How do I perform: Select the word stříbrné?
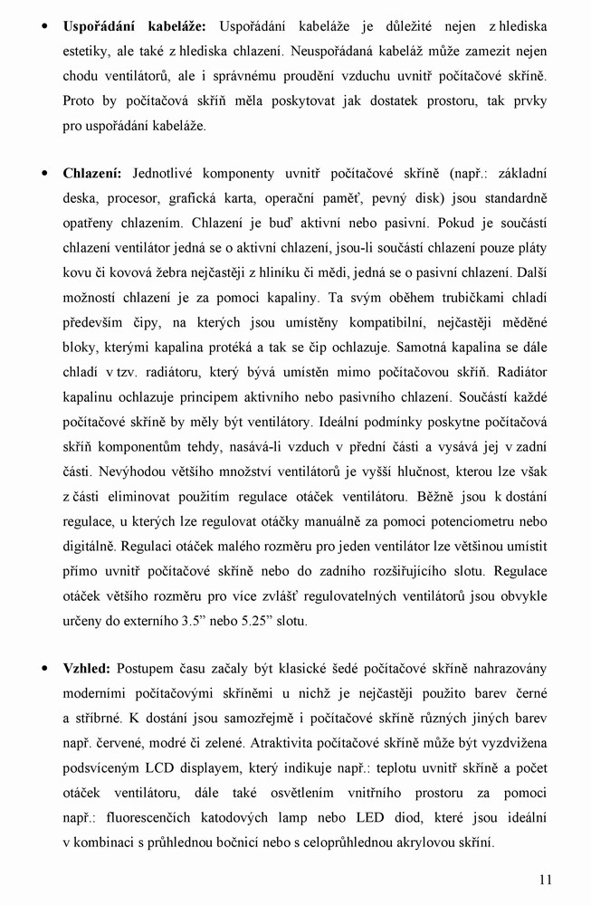pos(97,718)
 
